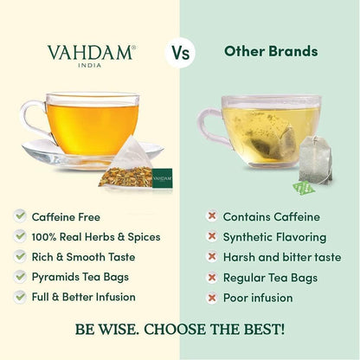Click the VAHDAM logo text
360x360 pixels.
coord(90,52)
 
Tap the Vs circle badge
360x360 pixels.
coord(179,52)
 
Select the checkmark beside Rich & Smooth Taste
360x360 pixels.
coord(20,255)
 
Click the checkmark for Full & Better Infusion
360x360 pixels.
coord(20,296)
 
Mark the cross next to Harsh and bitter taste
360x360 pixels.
coord(210,255)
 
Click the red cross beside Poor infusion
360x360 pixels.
coord(210,297)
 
